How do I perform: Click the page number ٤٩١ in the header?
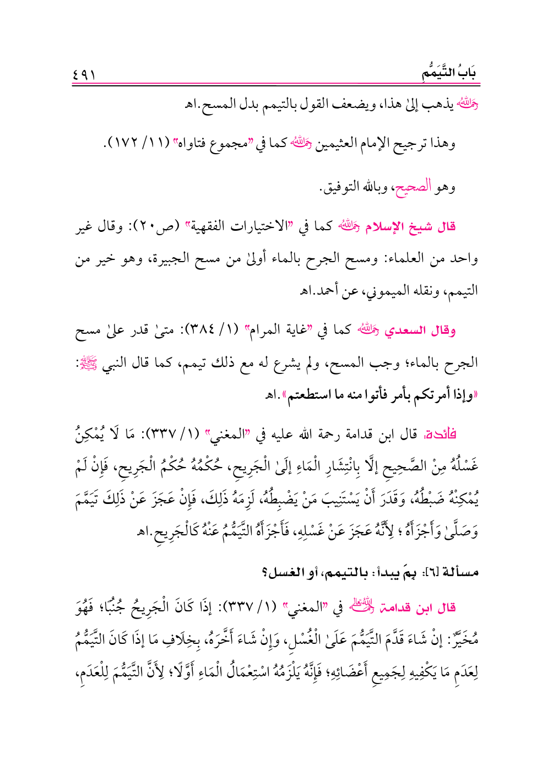click(84, 74)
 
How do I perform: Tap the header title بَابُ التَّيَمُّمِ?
click(449, 73)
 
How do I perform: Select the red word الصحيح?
click(414, 187)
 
